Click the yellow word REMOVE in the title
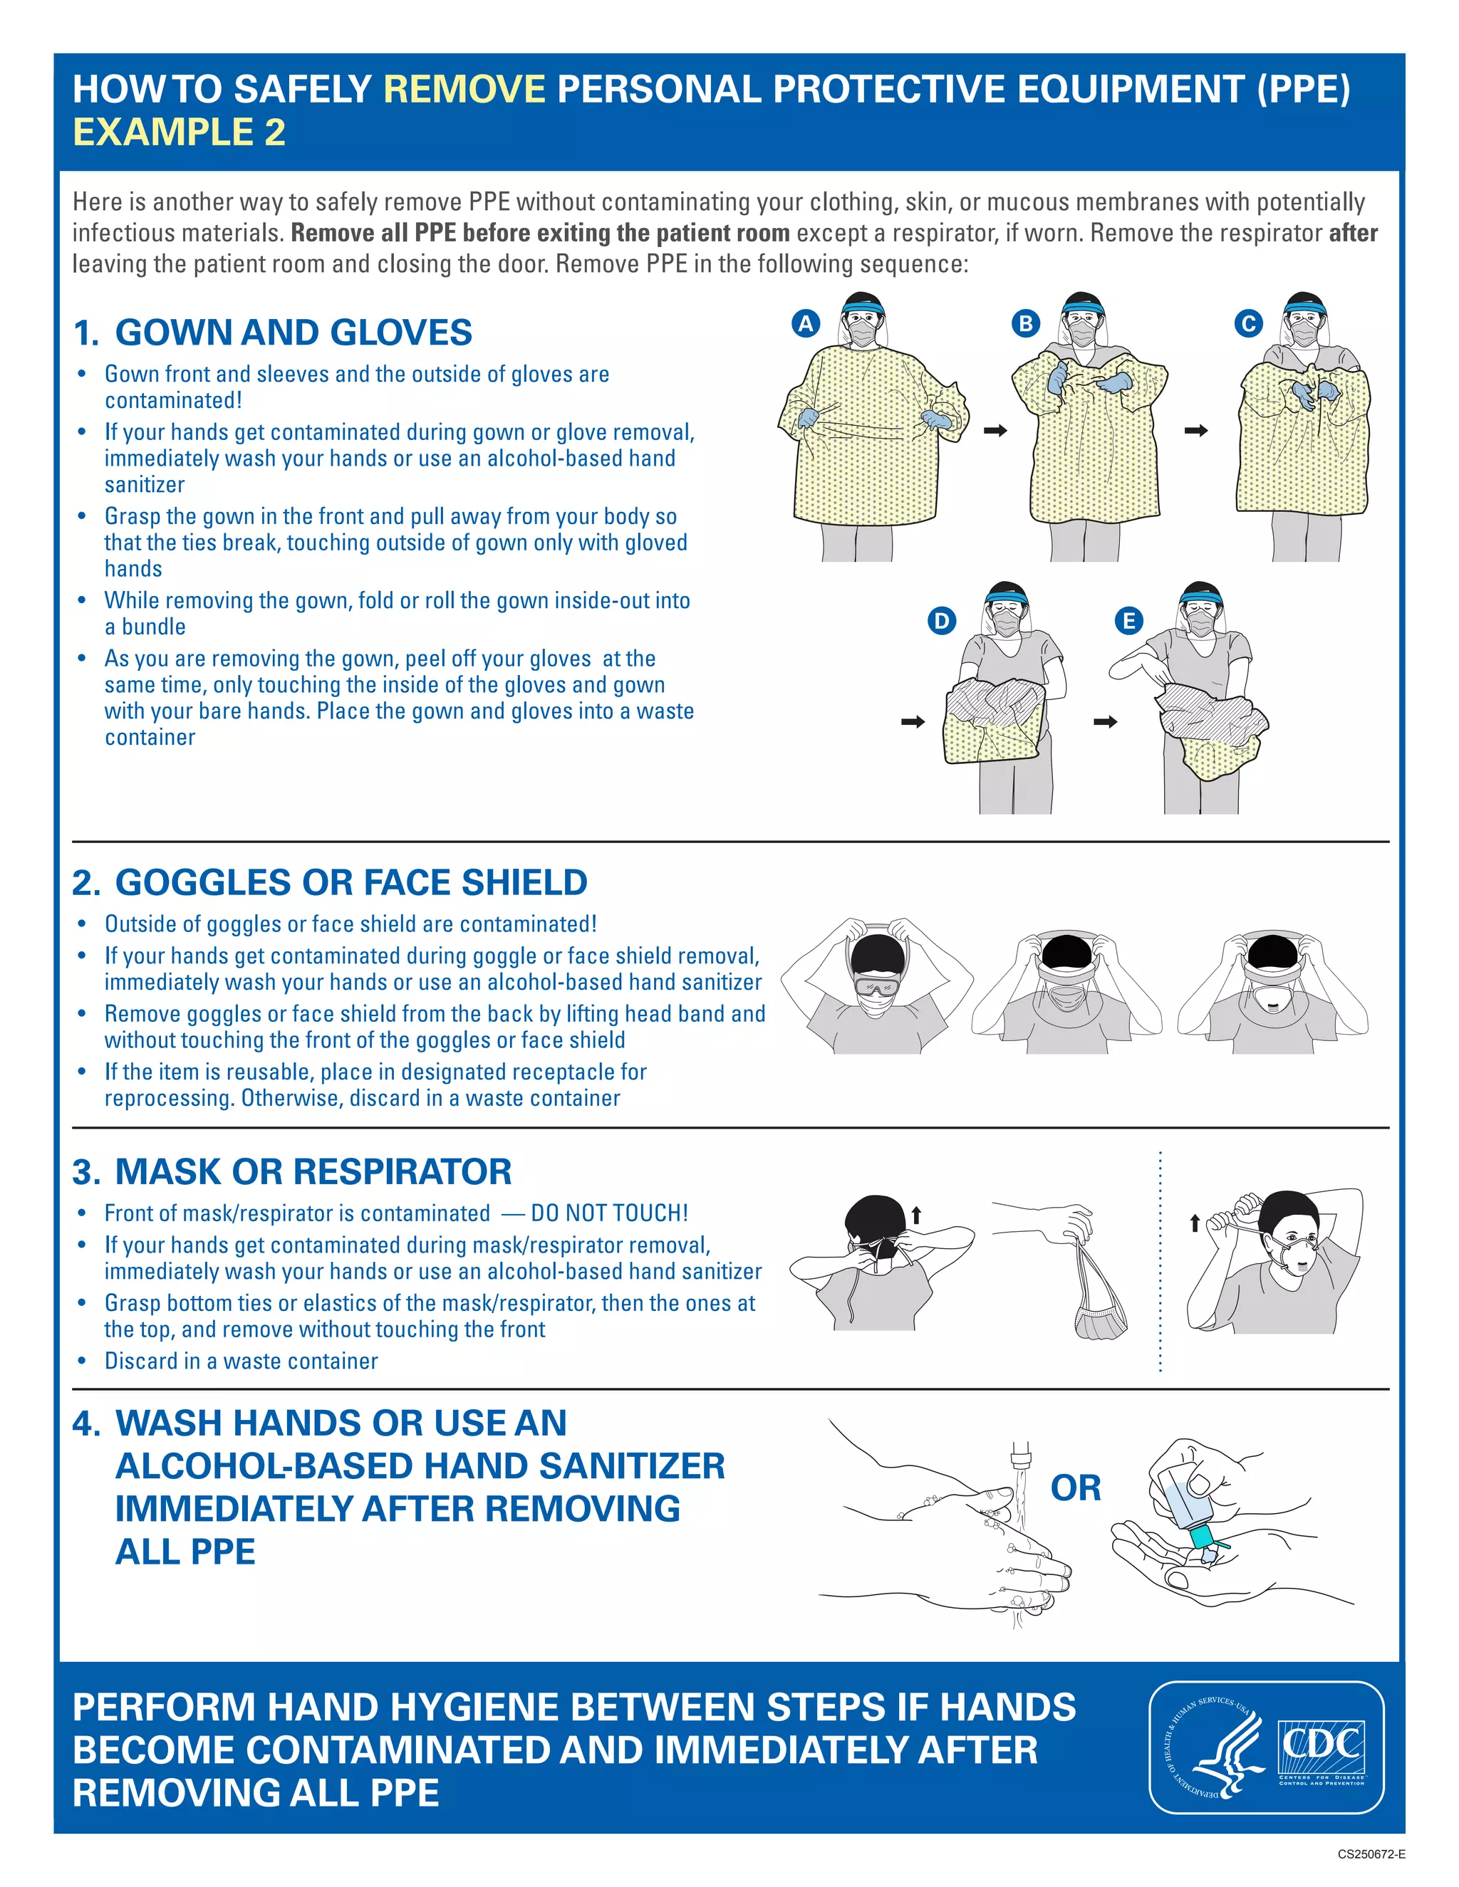pos(464,89)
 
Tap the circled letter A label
pos(806,323)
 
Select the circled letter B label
pos(1025,323)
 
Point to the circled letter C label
pos(1247,323)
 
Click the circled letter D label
pos(941,620)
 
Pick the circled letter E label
pos(1128,620)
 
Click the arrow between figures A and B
pos(996,430)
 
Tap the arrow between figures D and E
pos(1106,721)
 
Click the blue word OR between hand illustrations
pos(1075,1488)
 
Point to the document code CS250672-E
pos(1371,1854)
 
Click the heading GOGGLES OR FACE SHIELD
pos(351,882)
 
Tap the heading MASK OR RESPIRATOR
pos(313,1171)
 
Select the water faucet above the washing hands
pos(1021,1458)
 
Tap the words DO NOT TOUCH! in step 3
pos(609,1213)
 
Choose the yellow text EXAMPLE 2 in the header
pos(179,132)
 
